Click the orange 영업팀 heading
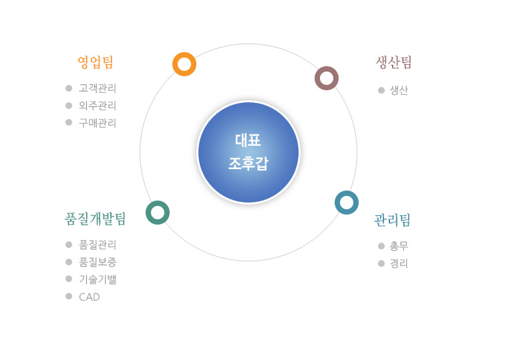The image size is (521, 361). pyautogui.click(x=96, y=62)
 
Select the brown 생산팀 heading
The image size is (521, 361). pyautogui.click(x=393, y=62)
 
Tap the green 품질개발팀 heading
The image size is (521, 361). pyautogui.click(x=96, y=219)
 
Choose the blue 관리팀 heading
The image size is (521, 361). pyautogui.click(x=392, y=220)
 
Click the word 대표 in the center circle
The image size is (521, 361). pyautogui.click(x=248, y=140)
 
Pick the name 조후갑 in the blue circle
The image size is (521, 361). pyautogui.click(x=248, y=163)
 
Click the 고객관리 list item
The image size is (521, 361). pyautogui.click(x=98, y=88)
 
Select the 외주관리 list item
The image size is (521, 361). pyautogui.click(x=98, y=106)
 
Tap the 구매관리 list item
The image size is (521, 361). pyautogui.click(x=98, y=123)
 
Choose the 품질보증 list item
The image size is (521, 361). pyautogui.click(x=98, y=262)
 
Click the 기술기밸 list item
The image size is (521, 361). pyautogui.click(x=98, y=279)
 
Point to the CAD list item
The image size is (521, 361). pyautogui.click(x=90, y=297)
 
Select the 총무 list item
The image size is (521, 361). pyautogui.click(x=399, y=246)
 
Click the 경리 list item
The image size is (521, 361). pyautogui.click(x=399, y=263)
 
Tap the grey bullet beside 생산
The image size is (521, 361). pyautogui.click(x=381, y=90)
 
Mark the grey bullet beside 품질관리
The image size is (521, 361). pyautogui.click(x=69, y=245)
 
